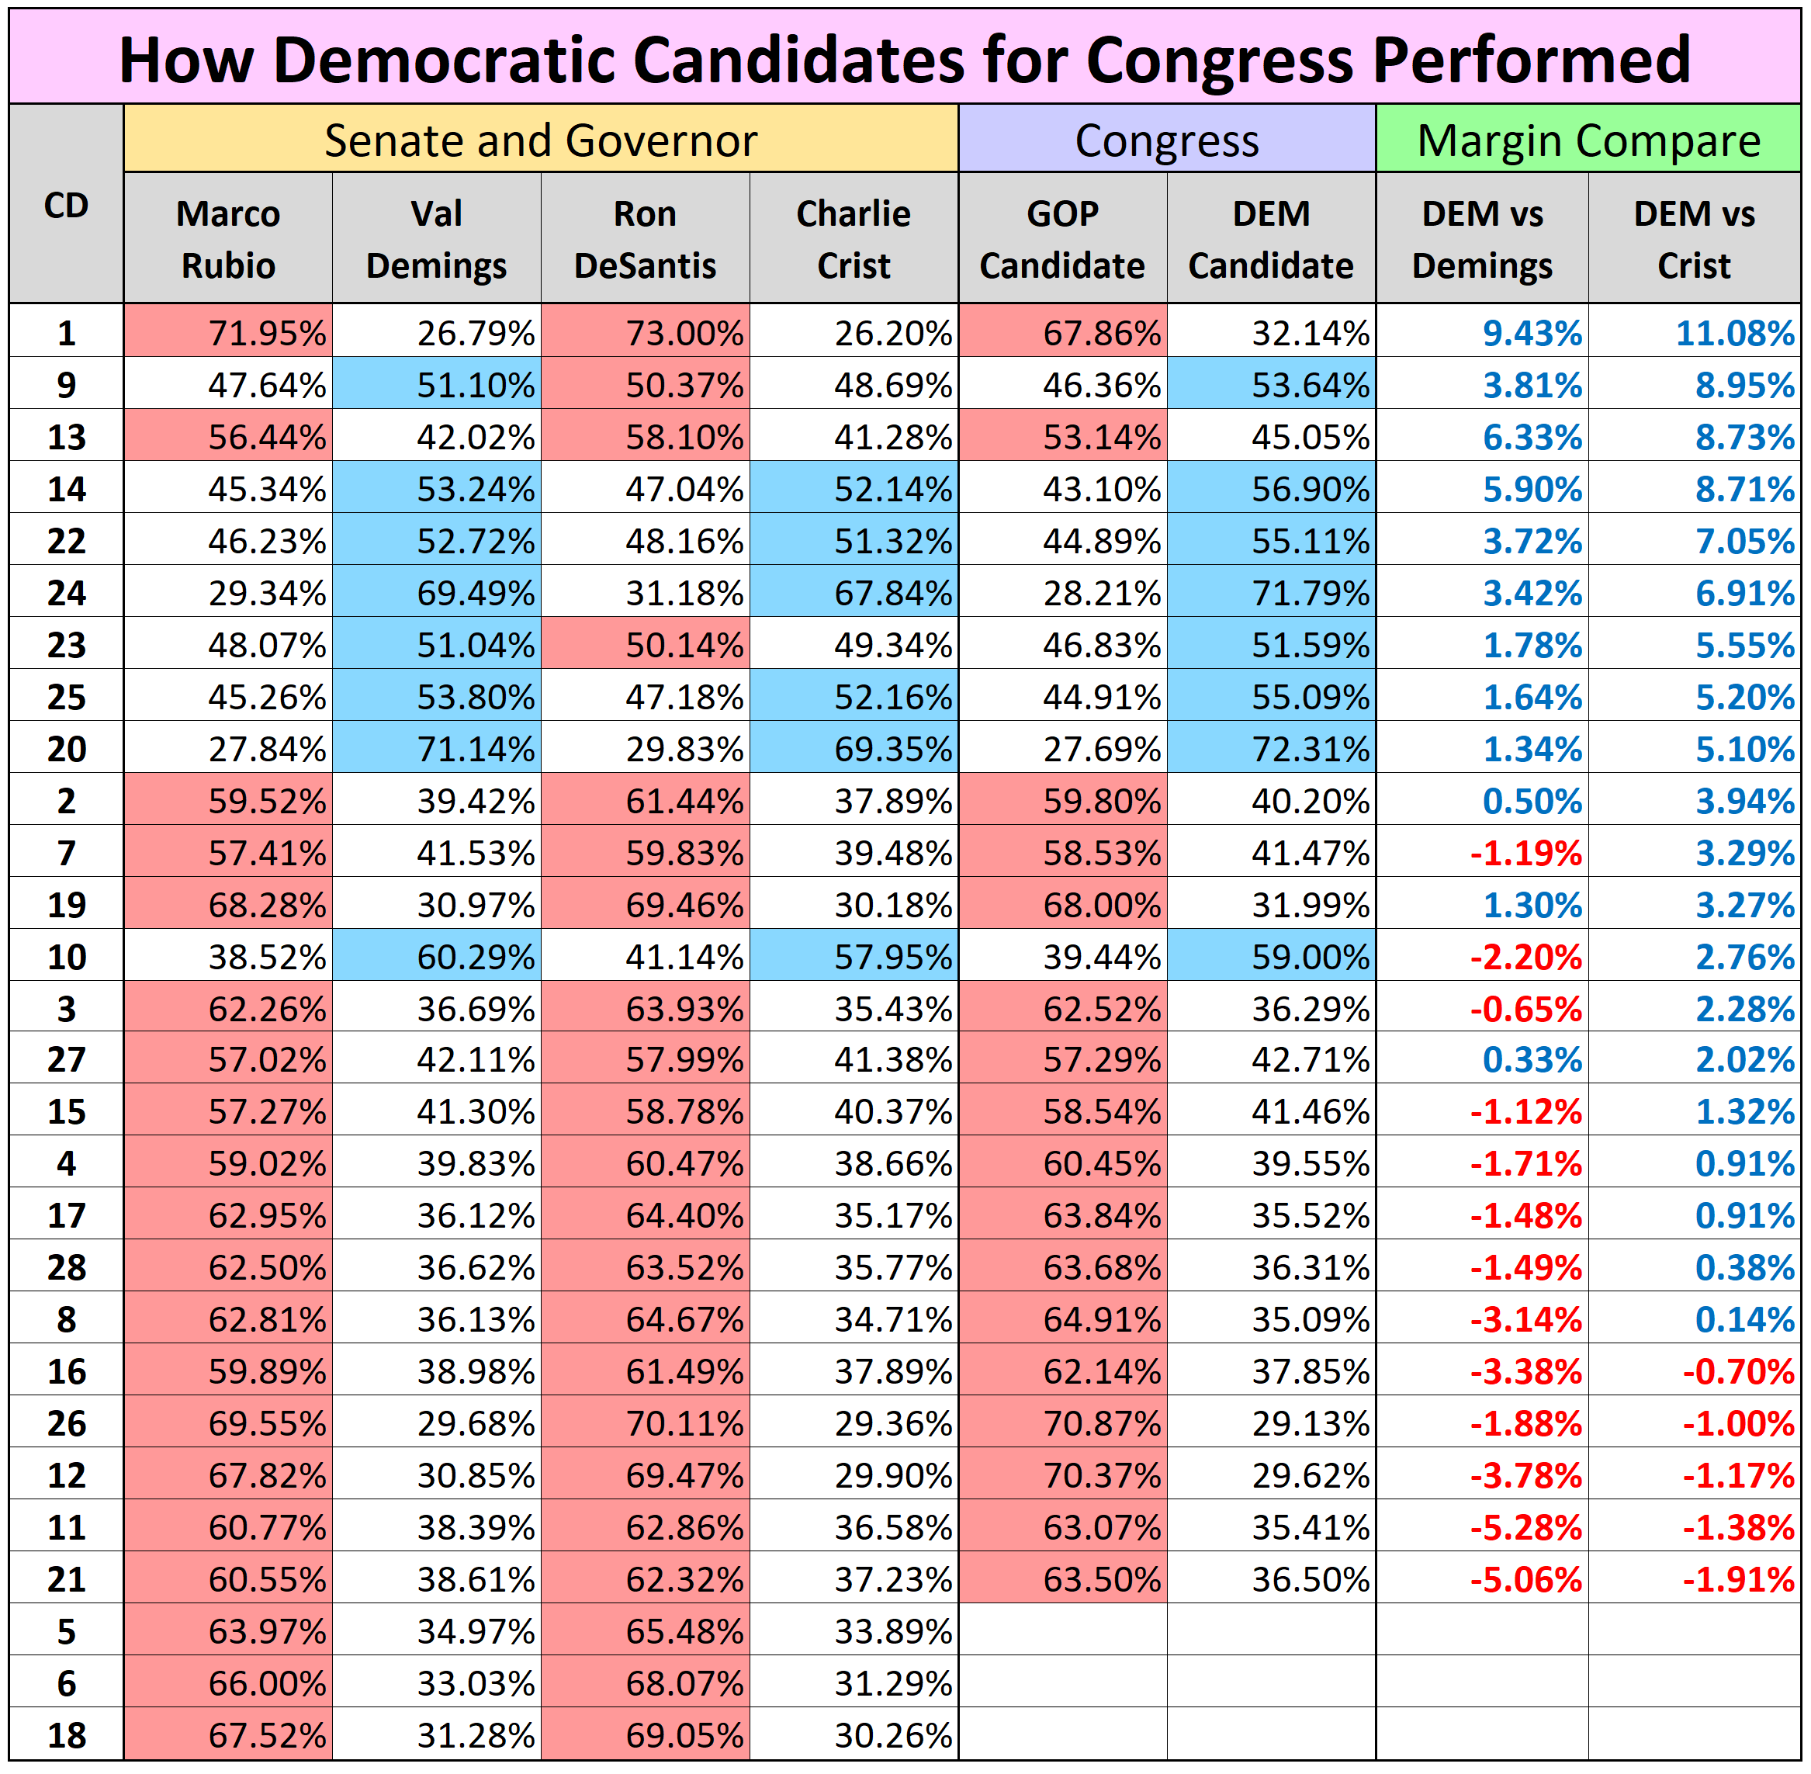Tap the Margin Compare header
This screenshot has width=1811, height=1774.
pos(1588,140)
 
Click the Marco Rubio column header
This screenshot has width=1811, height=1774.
pos(228,240)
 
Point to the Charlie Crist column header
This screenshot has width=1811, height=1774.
pos(854,240)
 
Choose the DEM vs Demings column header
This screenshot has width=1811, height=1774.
pos(1481,240)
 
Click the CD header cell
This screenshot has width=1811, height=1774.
pos(66,206)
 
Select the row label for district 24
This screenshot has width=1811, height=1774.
pos(66,594)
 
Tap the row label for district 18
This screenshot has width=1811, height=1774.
pos(66,1736)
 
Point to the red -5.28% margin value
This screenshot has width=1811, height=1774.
pos(1526,1528)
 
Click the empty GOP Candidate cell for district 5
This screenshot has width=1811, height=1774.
pos(1062,1631)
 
